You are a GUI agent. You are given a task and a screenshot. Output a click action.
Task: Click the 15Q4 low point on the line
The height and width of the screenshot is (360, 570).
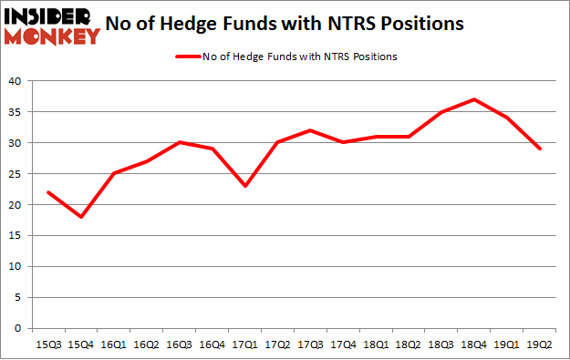point(80,217)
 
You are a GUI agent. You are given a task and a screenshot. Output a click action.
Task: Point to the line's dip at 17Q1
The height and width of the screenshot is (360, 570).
point(244,186)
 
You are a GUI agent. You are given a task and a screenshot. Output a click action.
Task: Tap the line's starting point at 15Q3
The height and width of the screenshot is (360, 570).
point(47,192)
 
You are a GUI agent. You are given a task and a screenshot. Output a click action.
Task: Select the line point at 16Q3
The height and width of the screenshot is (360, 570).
point(179,142)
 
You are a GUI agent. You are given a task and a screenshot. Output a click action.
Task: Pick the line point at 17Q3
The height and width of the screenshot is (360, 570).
point(311,130)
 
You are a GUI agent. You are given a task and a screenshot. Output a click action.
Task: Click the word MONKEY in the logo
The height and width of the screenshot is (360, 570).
point(55,36)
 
